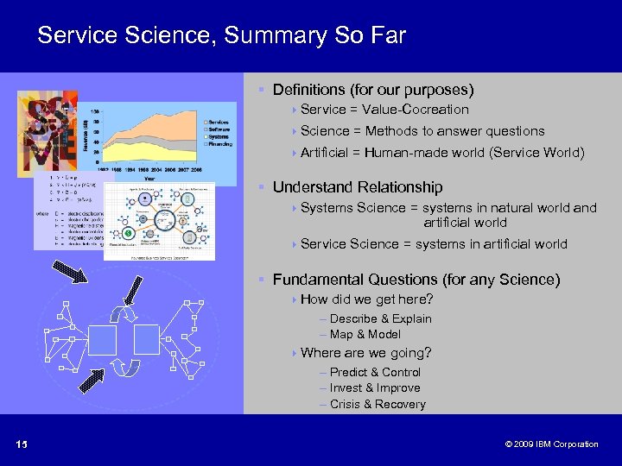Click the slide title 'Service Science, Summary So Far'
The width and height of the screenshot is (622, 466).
point(221,35)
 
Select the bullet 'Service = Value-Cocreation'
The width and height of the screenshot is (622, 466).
point(384,110)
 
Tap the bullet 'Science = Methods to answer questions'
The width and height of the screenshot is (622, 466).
point(422,131)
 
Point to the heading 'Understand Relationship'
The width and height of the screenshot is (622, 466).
point(358,187)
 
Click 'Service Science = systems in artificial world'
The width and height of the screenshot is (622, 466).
point(434,244)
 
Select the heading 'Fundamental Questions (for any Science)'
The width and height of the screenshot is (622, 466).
point(416,280)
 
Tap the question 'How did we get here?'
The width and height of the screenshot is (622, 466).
point(366,299)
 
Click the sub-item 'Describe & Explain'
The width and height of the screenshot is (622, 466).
point(380,318)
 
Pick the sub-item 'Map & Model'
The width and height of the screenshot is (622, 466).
point(365,334)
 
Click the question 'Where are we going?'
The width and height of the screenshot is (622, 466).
point(365,353)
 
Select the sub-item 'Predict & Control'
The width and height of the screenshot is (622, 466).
point(375,372)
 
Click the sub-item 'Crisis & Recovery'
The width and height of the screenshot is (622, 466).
point(378,404)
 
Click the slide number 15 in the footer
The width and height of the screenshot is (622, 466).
point(22,444)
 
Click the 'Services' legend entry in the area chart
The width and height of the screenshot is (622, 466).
point(217,123)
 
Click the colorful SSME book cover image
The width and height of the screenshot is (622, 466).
point(48,134)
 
